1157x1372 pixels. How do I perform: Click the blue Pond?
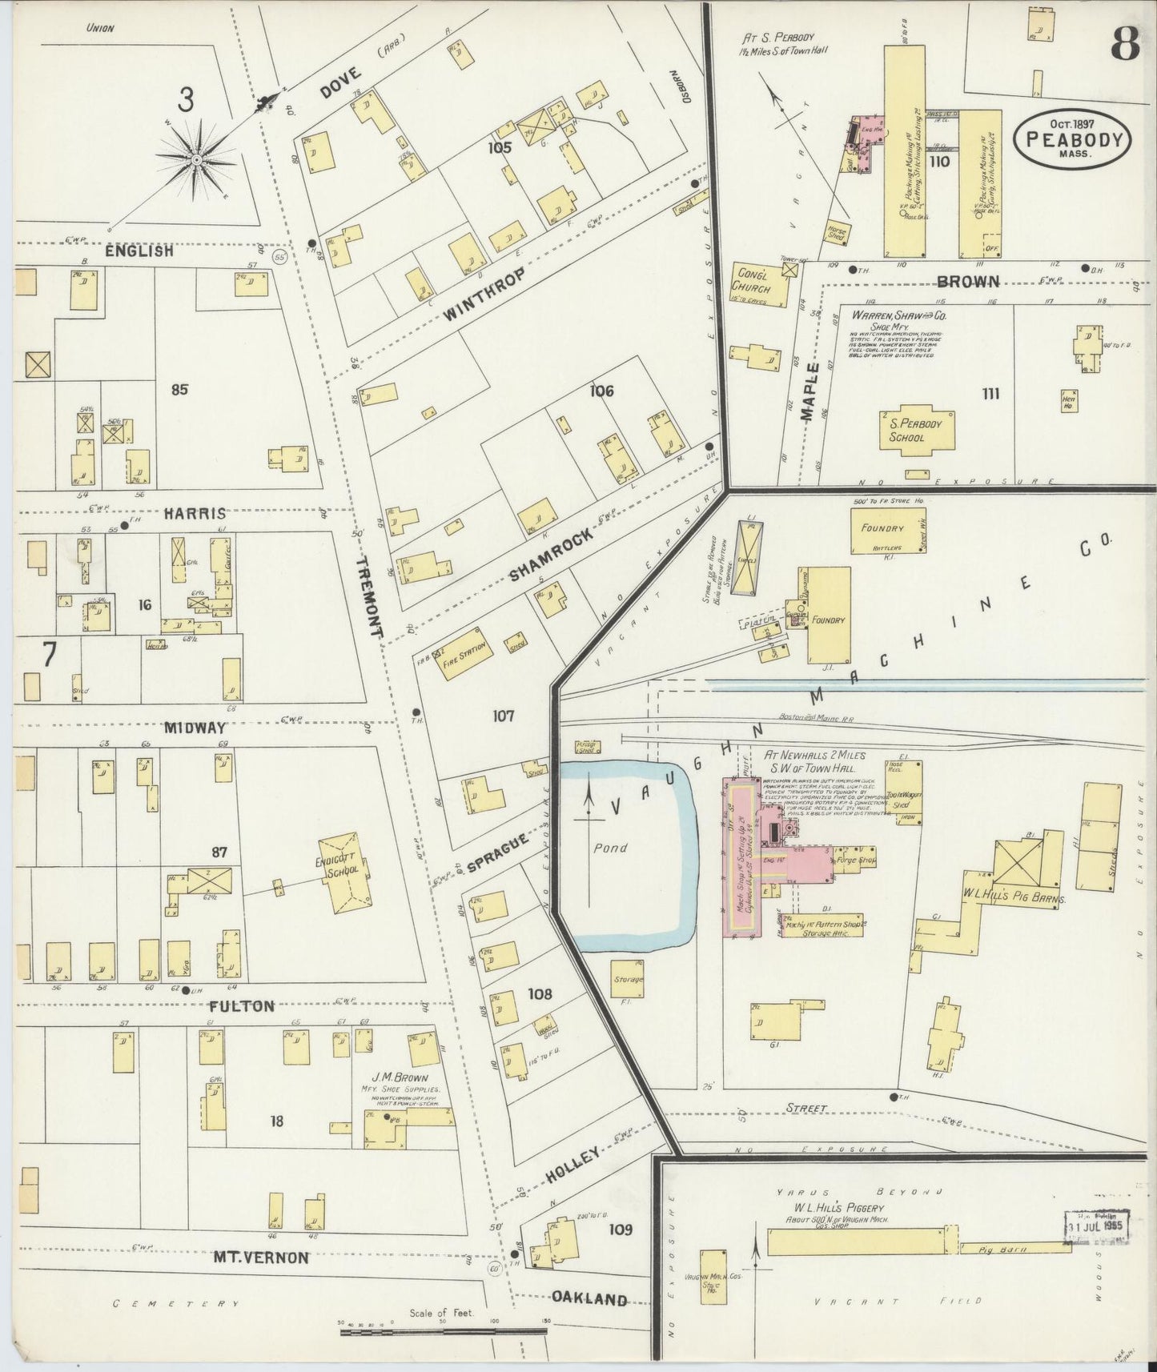tap(625, 852)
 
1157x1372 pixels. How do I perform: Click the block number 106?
tap(601, 391)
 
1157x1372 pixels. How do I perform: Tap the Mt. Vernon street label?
tap(260, 1258)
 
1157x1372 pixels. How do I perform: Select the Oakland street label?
tap(589, 1298)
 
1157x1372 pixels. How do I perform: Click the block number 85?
tap(179, 390)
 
